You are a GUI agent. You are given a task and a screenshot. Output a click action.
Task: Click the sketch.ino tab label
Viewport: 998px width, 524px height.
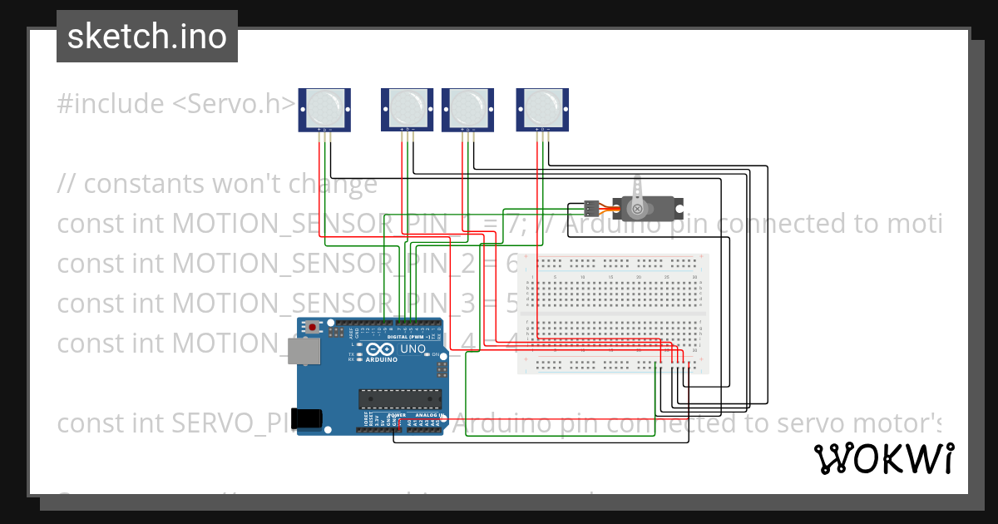click(x=146, y=37)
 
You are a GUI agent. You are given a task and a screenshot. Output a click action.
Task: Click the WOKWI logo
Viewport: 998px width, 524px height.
click(x=883, y=459)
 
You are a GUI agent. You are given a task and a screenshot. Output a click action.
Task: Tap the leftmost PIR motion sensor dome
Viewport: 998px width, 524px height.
click(x=325, y=107)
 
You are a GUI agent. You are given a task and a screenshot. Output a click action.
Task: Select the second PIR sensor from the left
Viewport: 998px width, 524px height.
click(x=408, y=107)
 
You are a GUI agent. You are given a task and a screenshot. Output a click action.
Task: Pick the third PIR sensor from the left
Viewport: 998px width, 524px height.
click(x=467, y=107)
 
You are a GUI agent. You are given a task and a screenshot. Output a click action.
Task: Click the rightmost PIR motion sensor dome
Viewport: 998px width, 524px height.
click(x=542, y=107)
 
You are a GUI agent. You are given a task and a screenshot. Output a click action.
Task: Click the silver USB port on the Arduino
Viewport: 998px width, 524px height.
click(x=304, y=351)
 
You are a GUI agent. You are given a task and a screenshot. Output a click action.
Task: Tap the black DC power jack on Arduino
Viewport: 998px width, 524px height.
click(x=309, y=418)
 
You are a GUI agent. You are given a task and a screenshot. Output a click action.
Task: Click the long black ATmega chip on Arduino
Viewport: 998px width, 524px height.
click(x=398, y=399)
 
